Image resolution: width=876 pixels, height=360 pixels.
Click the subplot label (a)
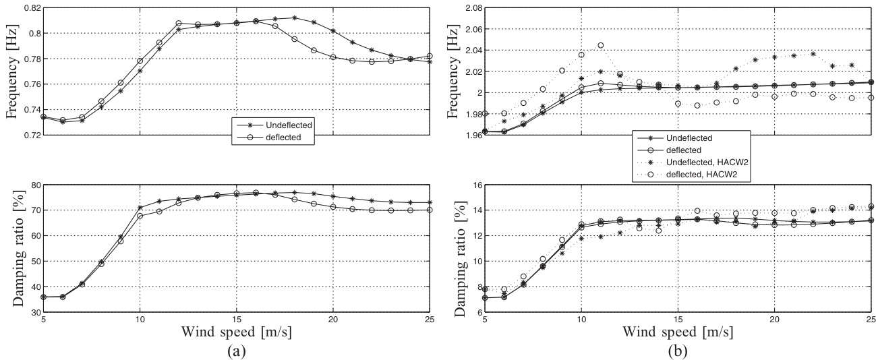[236, 351]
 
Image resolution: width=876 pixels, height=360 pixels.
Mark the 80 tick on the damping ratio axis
[33, 184]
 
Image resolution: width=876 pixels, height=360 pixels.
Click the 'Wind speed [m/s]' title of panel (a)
[236, 332]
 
